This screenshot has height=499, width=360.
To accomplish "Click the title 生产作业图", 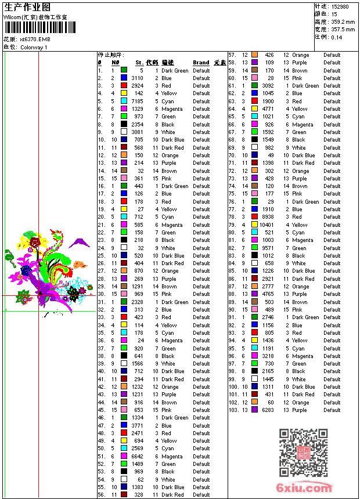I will tap(27, 7).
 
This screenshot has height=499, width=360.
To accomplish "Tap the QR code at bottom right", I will tap(303, 453).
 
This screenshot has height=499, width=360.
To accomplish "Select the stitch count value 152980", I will tap(339, 6).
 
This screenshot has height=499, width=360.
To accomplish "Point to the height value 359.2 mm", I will tap(342, 21).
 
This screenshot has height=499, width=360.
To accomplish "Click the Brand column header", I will tap(201, 63).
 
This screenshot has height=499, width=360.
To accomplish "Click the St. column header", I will tap(139, 63).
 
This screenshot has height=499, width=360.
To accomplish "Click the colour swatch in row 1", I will tap(124, 70).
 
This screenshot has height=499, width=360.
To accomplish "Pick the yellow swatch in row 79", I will tap(254, 225).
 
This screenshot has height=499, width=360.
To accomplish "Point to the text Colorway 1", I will tap(34, 48).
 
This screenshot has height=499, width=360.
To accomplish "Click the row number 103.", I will tap(233, 410).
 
